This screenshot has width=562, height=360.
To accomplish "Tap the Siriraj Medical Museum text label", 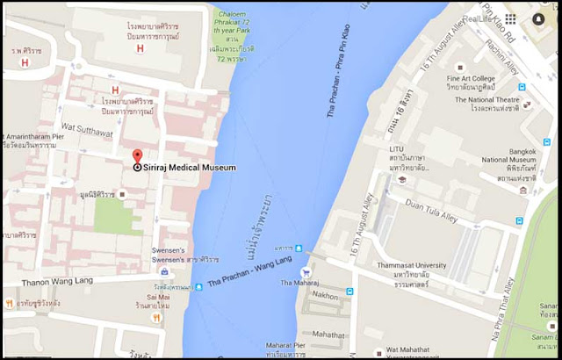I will [190, 167].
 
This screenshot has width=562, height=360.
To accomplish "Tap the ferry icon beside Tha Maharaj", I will [306, 272].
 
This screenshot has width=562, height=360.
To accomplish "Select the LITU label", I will [397, 149].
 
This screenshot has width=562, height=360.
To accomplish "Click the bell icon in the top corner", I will [537, 18].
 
